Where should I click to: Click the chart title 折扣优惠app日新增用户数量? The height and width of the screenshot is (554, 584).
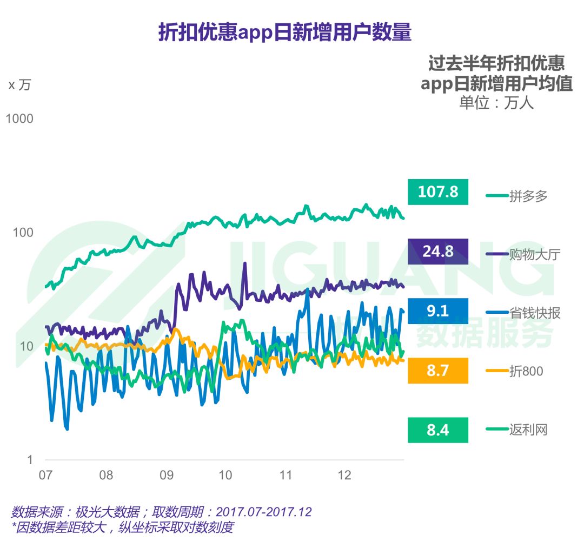(284, 33)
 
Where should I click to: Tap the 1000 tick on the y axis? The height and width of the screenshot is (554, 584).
(19, 118)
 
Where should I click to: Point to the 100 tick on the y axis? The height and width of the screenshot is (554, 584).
(23, 233)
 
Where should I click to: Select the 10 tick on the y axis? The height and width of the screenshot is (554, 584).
(26, 346)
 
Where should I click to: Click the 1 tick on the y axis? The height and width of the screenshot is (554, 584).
(30, 460)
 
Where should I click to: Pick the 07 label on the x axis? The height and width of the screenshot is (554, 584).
(45, 476)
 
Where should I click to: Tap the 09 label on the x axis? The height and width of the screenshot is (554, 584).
(166, 476)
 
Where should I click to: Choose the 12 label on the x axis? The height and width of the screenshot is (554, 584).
(344, 476)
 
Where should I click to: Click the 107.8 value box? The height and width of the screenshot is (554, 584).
(437, 192)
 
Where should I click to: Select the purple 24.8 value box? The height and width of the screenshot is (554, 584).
(437, 252)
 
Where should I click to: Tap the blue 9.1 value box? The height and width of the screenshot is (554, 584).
(437, 311)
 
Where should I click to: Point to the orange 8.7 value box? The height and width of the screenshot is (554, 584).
(437, 371)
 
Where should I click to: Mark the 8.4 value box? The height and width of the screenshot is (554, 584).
(437, 430)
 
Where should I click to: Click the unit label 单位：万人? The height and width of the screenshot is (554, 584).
(496, 103)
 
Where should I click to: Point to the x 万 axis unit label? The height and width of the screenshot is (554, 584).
(19, 85)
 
